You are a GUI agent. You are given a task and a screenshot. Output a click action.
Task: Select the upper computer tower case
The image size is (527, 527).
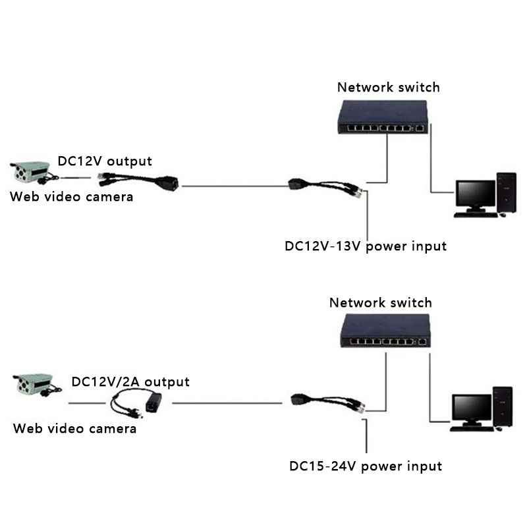(507, 192)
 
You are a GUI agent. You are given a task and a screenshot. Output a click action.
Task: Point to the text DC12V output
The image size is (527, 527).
(106, 161)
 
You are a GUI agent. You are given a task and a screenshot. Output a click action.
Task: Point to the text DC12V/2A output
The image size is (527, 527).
(130, 381)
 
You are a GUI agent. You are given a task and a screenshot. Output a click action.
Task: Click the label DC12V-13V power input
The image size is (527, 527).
(366, 246)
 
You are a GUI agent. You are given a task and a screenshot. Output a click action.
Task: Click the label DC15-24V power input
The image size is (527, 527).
(366, 466)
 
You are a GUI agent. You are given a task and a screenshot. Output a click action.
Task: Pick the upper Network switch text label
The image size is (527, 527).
(388, 87)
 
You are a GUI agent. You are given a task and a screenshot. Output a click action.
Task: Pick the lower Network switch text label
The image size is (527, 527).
(381, 302)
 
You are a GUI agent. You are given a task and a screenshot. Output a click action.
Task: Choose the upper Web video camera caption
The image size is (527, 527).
(71, 196)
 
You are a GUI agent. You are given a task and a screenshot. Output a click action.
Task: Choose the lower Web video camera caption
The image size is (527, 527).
(75, 428)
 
